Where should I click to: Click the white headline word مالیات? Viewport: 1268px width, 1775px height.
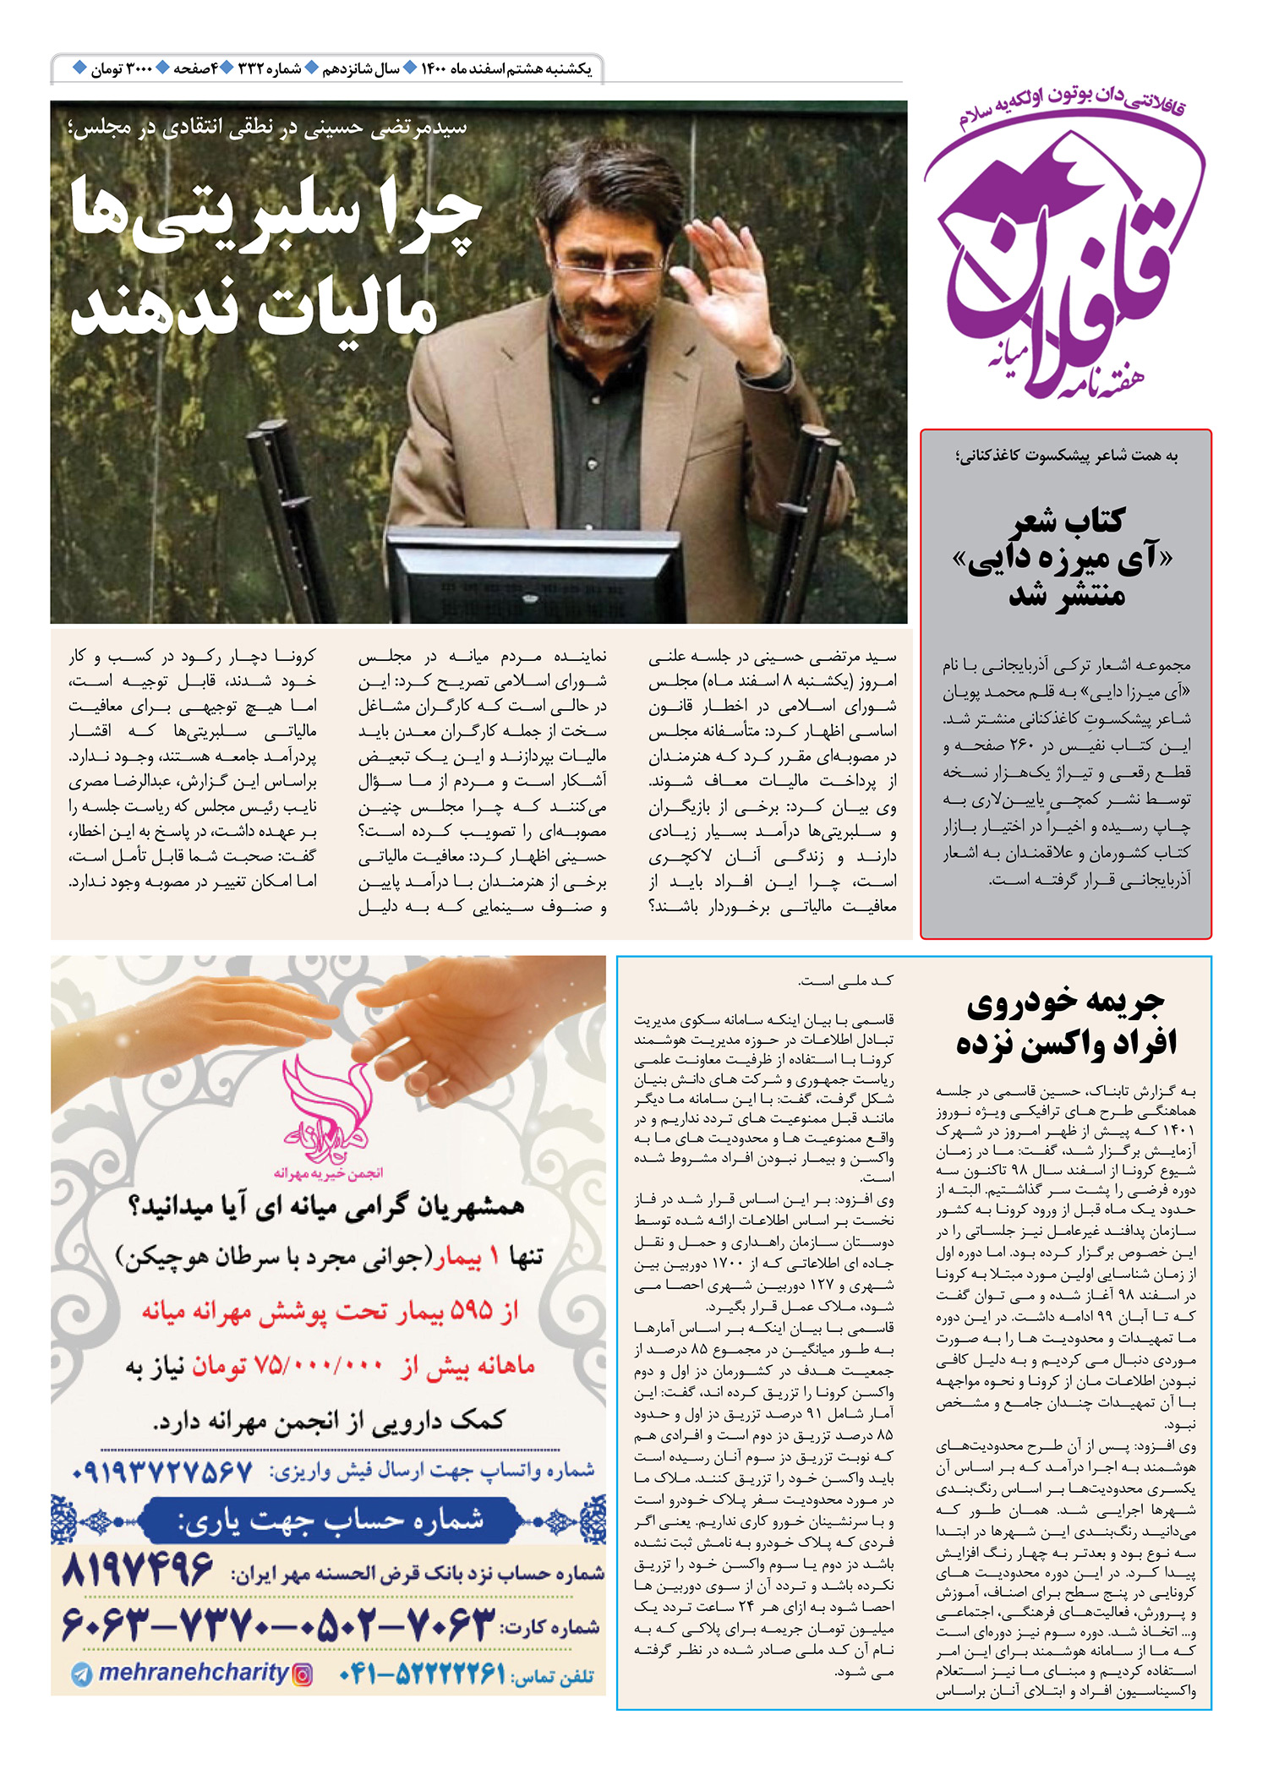tap(347, 313)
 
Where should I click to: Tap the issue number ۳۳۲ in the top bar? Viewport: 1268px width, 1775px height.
tap(252, 68)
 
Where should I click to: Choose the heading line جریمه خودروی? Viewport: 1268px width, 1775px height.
tap(1066, 1003)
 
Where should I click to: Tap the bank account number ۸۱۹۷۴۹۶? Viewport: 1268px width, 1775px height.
tap(138, 1570)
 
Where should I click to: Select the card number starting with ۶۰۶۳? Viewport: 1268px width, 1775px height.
tap(279, 1625)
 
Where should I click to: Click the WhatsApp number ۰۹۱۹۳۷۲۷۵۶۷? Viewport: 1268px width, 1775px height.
tap(162, 1472)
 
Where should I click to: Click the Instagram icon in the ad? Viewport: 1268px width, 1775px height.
tap(302, 1674)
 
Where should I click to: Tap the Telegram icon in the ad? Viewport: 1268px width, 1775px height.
tap(82, 1674)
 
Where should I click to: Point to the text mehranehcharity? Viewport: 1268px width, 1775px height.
tap(194, 1673)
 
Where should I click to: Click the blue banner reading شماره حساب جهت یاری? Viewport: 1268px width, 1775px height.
tap(330, 1521)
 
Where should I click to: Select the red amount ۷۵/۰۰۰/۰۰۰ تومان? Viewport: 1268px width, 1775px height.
tap(287, 1366)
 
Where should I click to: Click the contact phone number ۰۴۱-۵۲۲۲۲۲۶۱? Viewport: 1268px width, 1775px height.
tap(423, 1674)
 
